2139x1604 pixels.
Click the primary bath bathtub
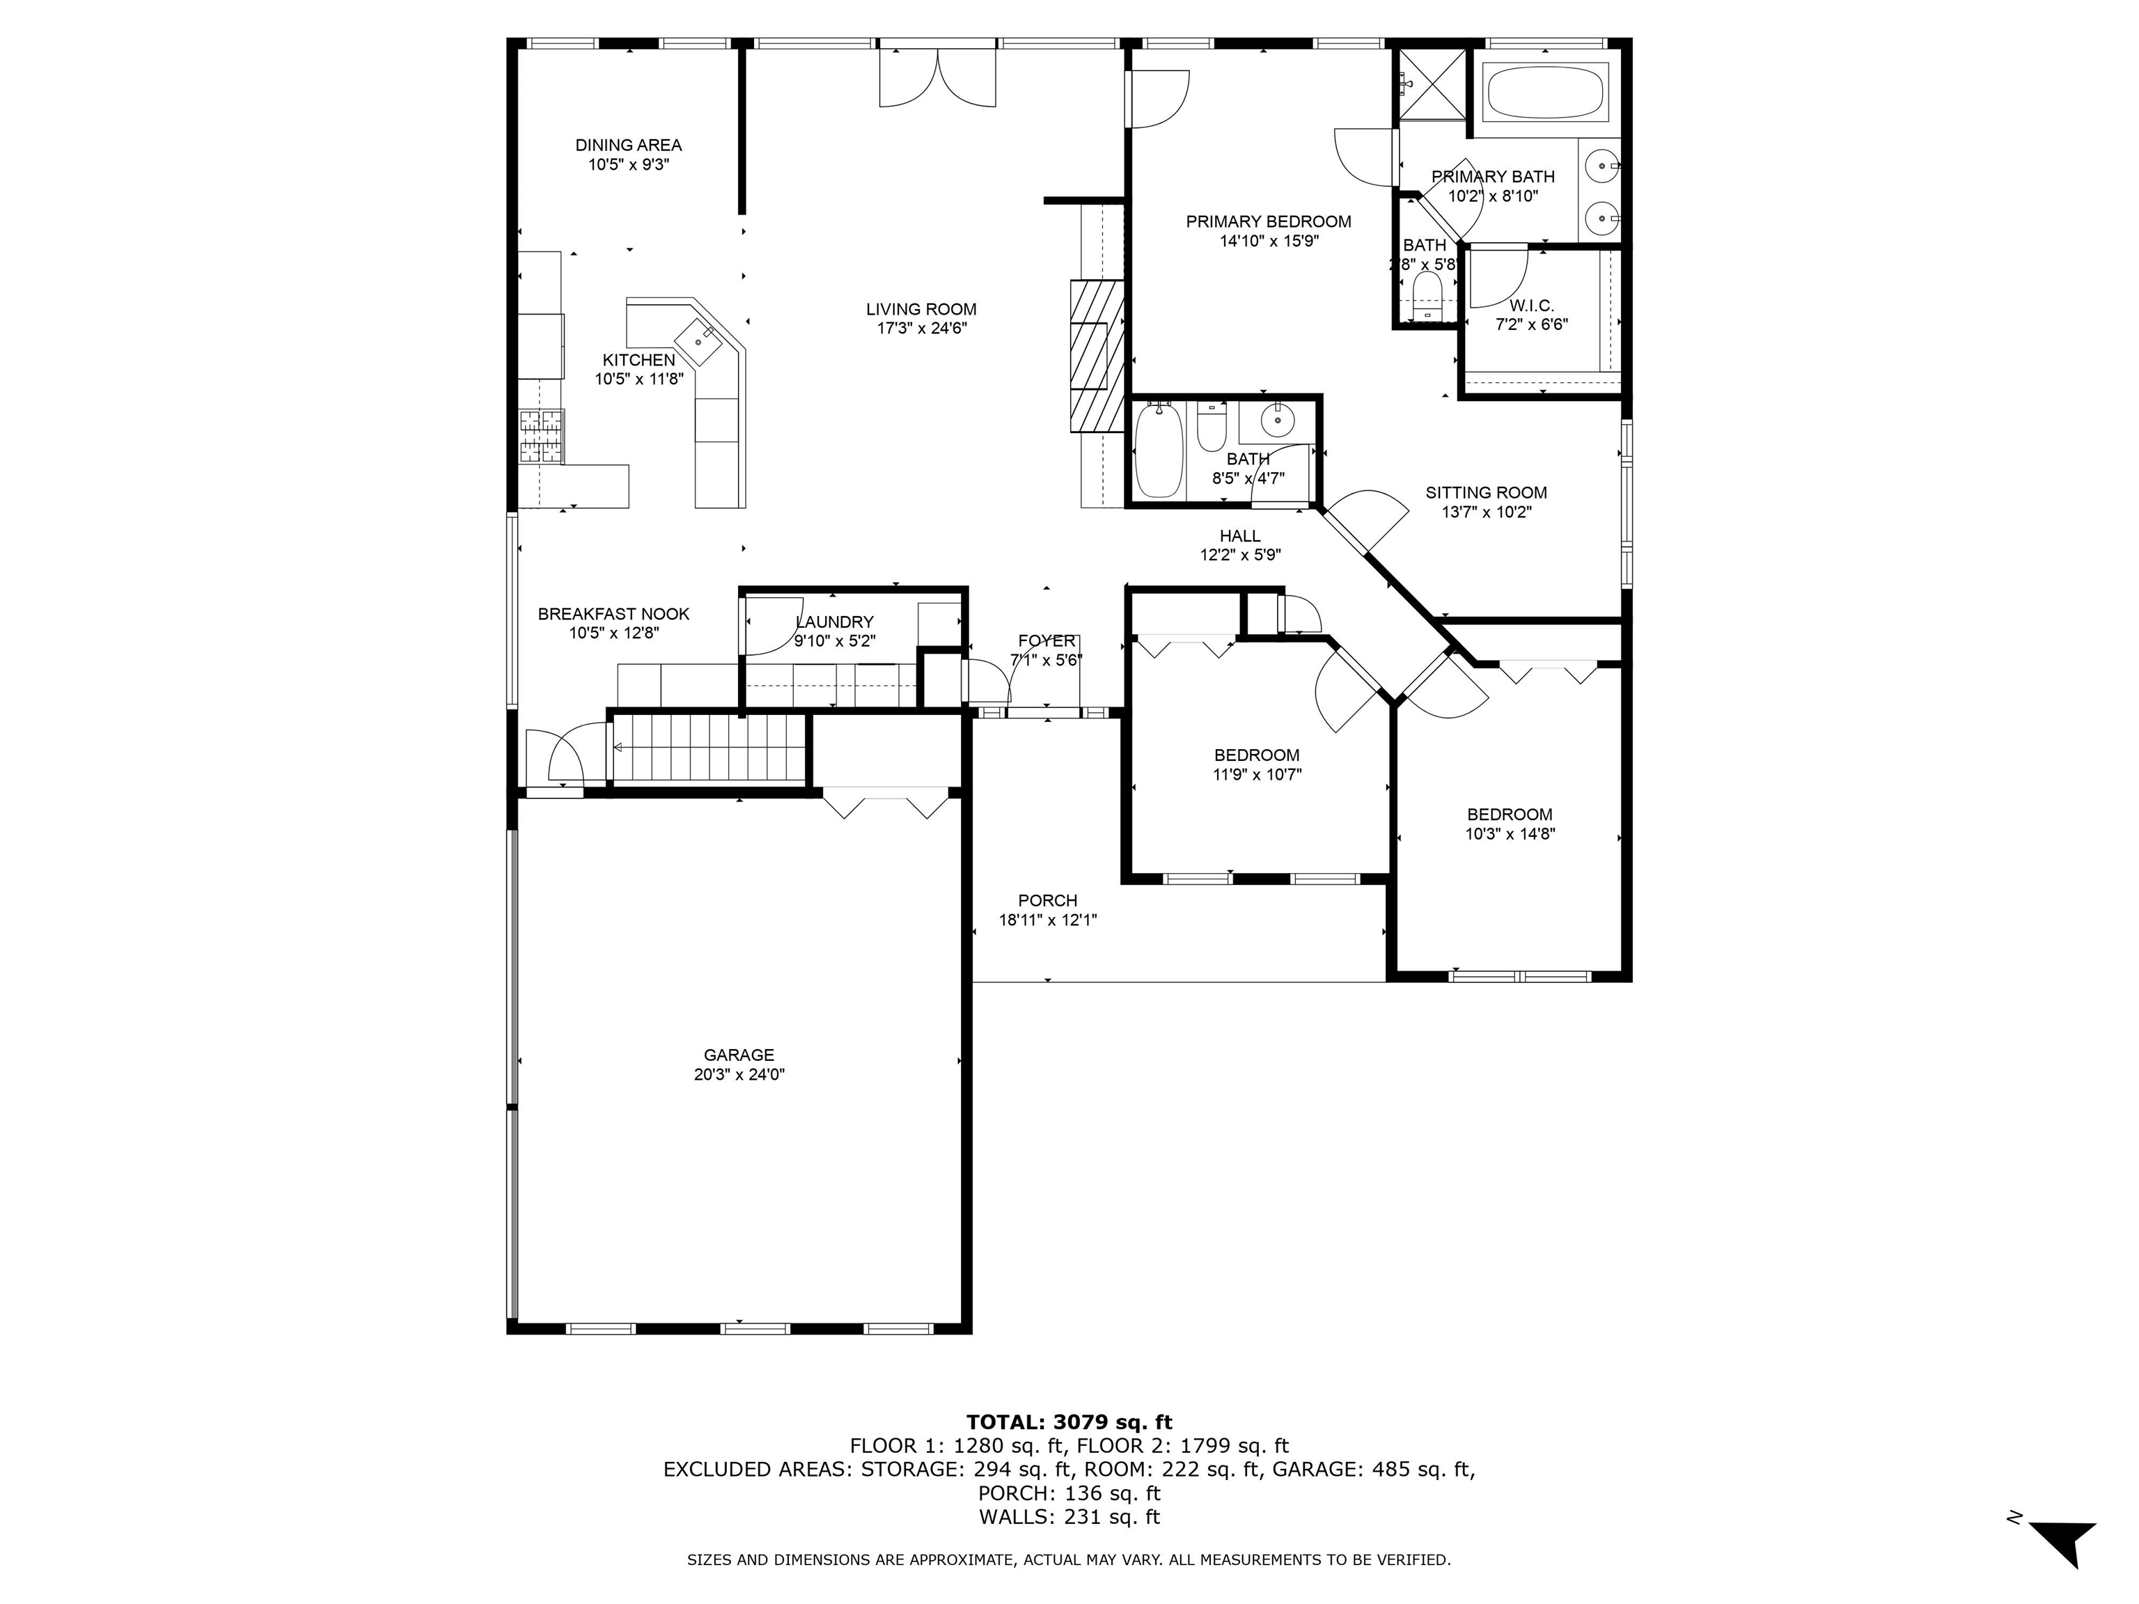[x=1544, y=93]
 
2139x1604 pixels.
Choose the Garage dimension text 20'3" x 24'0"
[x=739, y=1074]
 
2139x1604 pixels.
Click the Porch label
[x=1047, y=900]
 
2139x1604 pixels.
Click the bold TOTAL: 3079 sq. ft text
[x=1069, y=1422]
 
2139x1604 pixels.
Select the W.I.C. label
[x=1532, y=306]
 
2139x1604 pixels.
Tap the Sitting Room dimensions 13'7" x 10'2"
[x=1487, y=512]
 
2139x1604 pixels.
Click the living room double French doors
[x=937, y=77]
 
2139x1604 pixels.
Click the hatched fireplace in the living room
[x=1097, y=355]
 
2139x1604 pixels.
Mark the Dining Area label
[x=629, y=145]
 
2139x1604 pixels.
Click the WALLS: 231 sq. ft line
[x=1069, y=1516]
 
